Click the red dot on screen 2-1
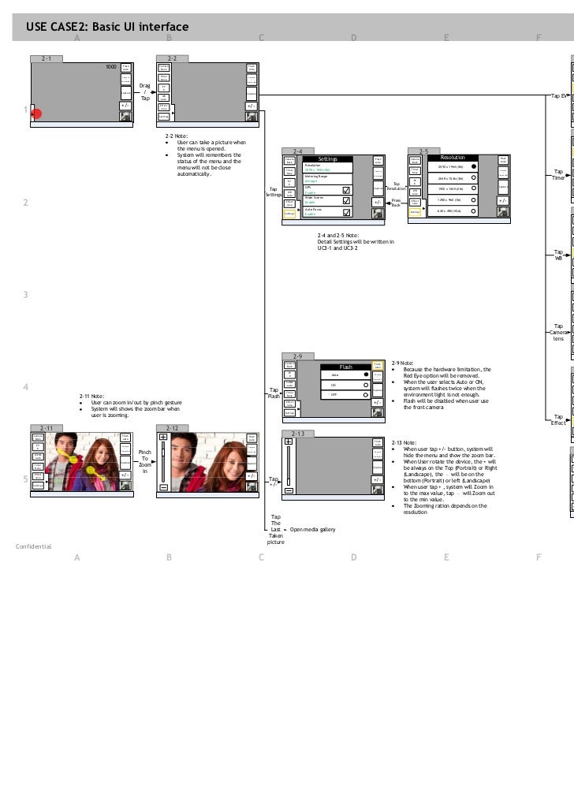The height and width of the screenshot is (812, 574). click(36, 114)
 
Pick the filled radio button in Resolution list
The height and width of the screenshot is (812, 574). click(474, 166)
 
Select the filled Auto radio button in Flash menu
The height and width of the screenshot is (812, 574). click(366, 374)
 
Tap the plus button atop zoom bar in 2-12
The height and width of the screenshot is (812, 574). click(163, 437)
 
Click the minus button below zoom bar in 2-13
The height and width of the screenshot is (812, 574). click(289, 490)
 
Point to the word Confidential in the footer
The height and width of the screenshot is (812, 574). click(33, 546)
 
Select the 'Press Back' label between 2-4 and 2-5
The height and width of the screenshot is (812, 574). click(396, 203)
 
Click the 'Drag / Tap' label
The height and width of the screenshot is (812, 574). click(144, 91)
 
